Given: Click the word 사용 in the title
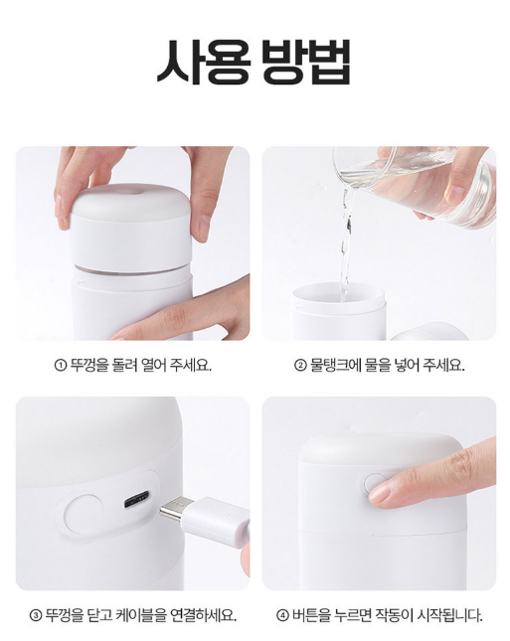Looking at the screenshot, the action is click(203, 62).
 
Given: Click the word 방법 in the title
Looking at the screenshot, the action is click(306, 62).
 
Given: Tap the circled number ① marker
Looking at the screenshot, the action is click(60, 365).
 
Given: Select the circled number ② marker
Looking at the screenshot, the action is click(300, 365).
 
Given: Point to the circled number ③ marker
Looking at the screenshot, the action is click(36, 614).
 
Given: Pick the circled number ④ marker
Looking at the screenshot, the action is click(282, 614).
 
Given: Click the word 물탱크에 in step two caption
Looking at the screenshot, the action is click(334, 365).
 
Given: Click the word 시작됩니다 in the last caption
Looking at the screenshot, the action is click(449, 614).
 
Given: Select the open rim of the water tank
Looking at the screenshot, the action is click(339, 292).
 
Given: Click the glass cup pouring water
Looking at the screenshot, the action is click(414, 184).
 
